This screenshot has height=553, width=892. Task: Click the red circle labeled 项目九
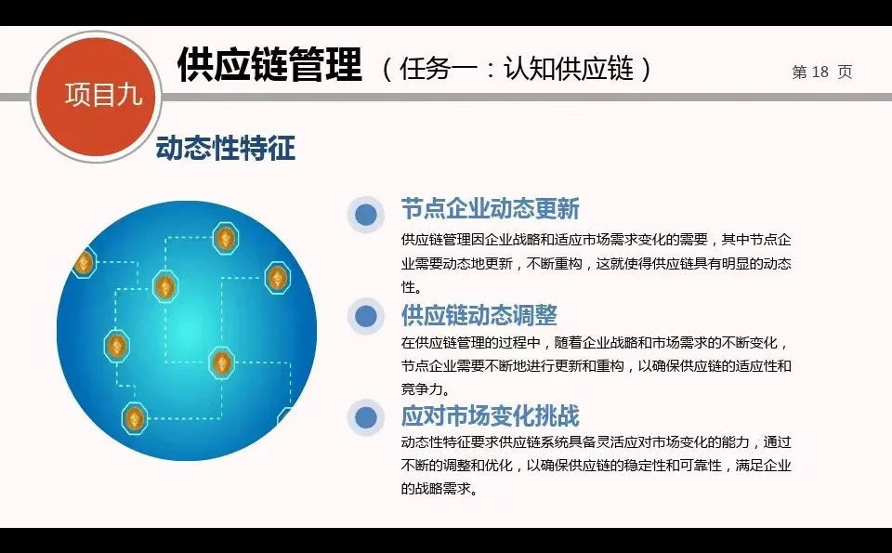pyautogui.click(x=97, y=96)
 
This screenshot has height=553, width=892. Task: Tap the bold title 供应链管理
pyautogui.click(x=269, y=65)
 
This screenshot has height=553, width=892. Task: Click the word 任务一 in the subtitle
pyautogui.click(x=436, y=69)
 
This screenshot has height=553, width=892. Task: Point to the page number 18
pyautogui.click(x=819, y=72)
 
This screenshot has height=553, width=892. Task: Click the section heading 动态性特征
pyautogui.click(x=225, y=149)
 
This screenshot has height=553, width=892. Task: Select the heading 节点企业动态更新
pyautogui.click(x=490, y=208)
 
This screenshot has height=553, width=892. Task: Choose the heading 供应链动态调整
pyautogui.click(x=479, y=314)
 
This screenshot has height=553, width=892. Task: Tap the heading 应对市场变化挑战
pyautogui.click(x=490, y=415)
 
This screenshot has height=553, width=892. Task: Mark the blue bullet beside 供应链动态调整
pyautogui.click(x=366, y=316)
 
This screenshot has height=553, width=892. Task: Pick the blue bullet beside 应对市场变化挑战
pyautogui.click(x=366, y=417)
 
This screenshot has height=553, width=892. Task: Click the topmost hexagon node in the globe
pyautogui.click(x=225, y=238)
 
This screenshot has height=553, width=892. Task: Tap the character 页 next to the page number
pyautogui.click(x=844, y=72)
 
